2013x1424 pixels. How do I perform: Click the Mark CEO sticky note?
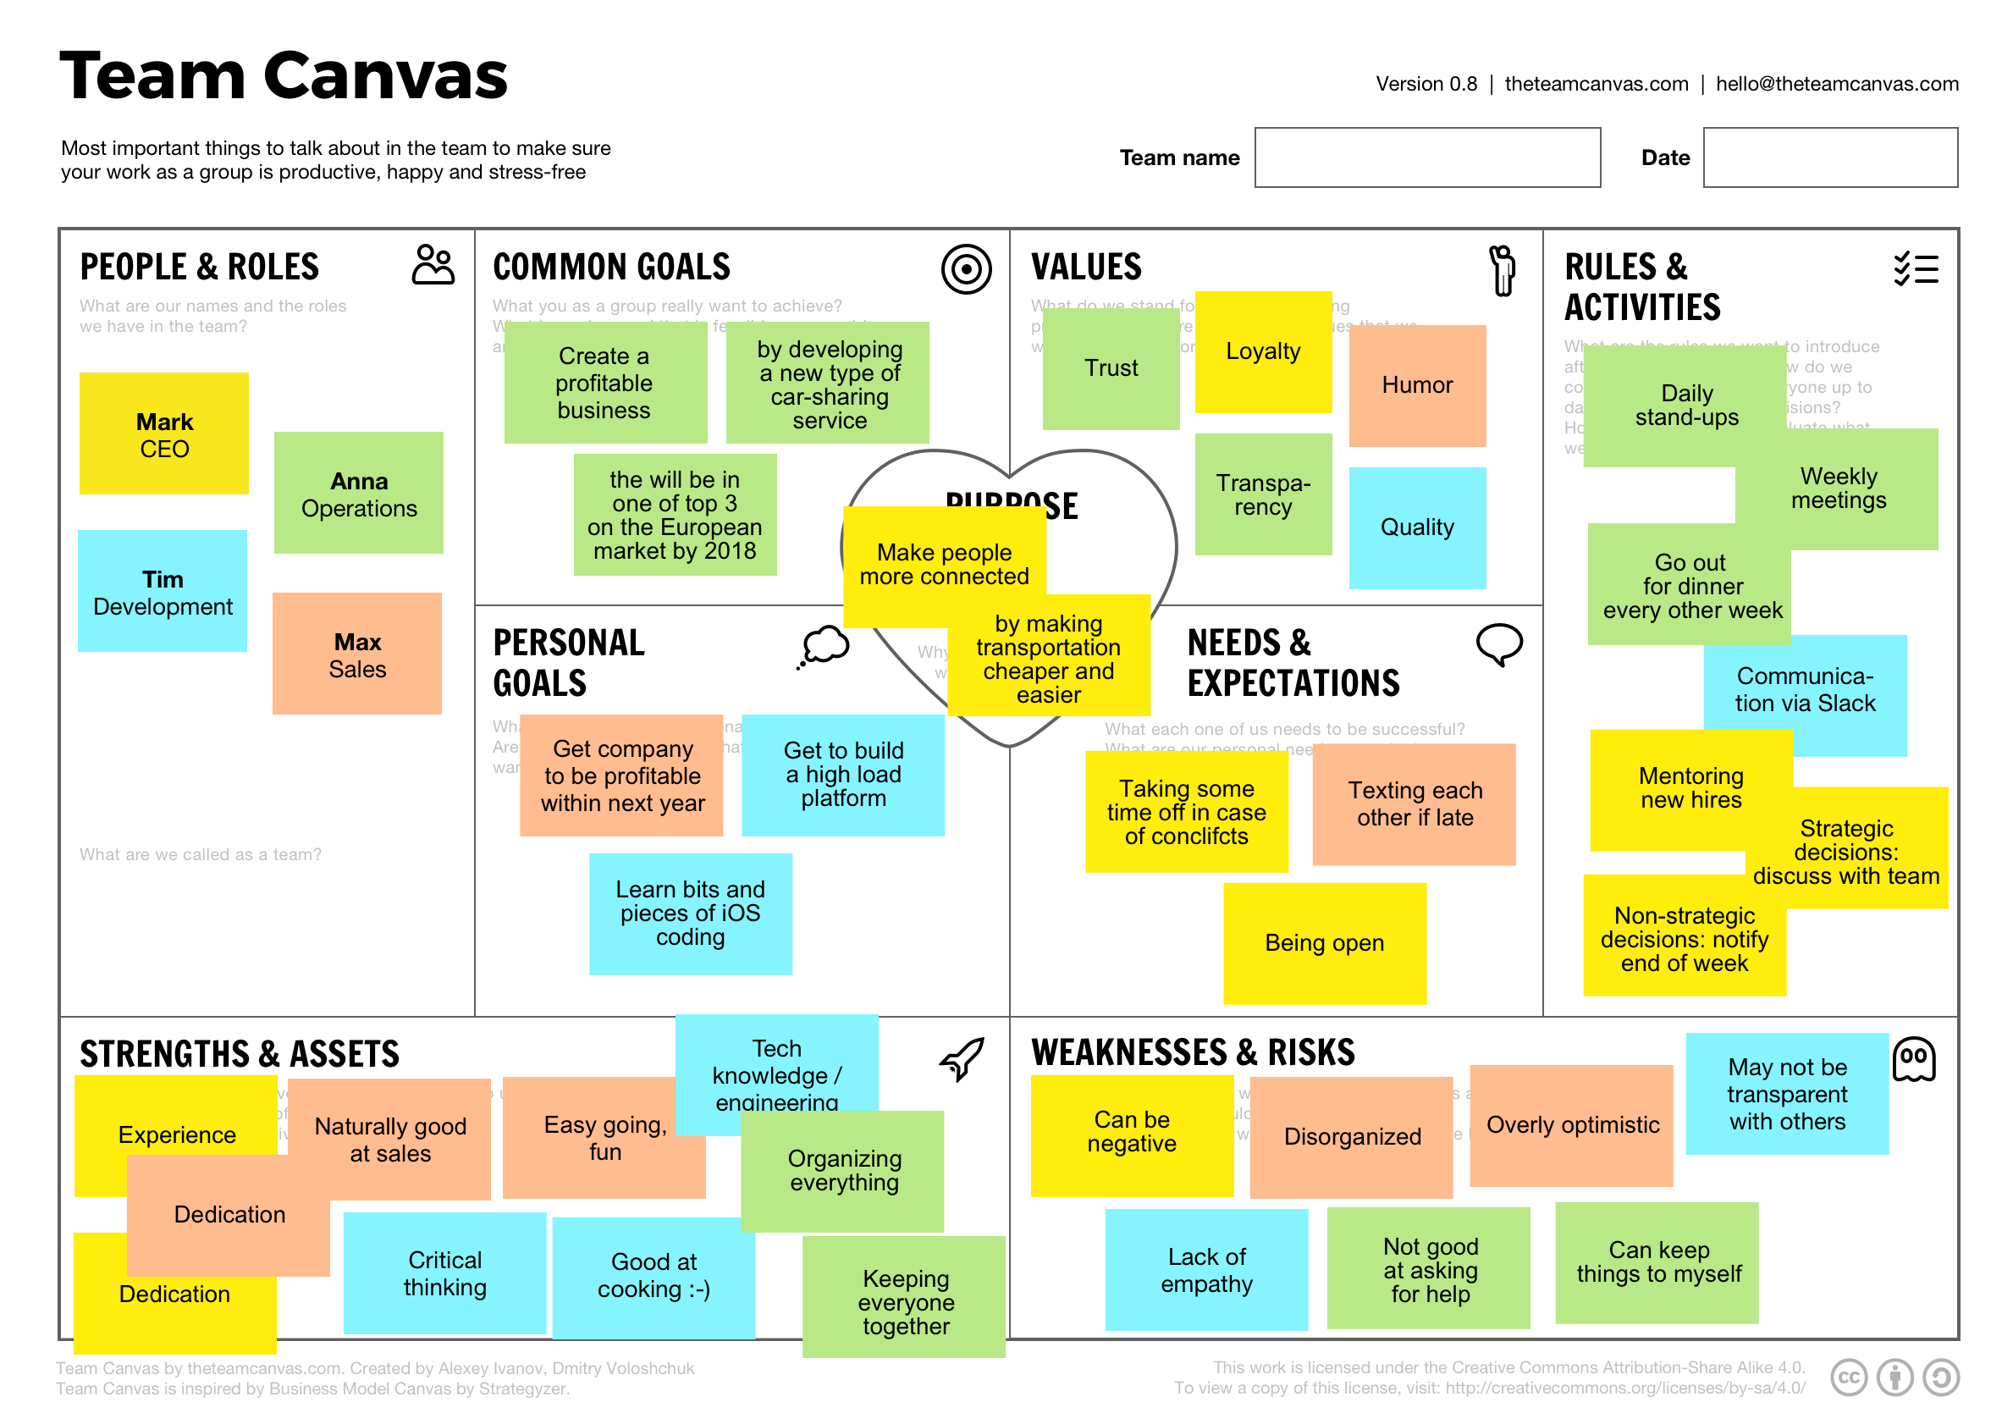[164, 434]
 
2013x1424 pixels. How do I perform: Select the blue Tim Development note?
[163, 592]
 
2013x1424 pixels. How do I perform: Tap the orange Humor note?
[1417, 386]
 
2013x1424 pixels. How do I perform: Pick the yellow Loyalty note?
[1262, 351]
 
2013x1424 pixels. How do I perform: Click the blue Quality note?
[1417, 528]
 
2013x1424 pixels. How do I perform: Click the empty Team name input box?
[1426, 157]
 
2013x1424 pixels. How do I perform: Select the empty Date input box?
[1830, 157]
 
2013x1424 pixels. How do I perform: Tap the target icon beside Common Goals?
[966, 269]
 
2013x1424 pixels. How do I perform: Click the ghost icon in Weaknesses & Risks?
[1914, 1060]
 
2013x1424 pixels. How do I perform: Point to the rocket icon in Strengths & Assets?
[962, 1058]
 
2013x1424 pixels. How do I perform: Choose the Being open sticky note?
[1324, 943]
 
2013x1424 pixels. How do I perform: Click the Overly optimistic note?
[1572, 1126]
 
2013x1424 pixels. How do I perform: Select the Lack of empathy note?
[1206, 1271]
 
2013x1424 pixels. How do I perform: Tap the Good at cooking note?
[654, 1277]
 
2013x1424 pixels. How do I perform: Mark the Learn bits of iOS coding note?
[690, 913]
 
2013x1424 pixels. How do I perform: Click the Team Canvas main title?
[284, 76]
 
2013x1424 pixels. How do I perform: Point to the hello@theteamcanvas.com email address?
[1837, 84]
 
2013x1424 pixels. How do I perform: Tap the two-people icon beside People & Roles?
[433, 265]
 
